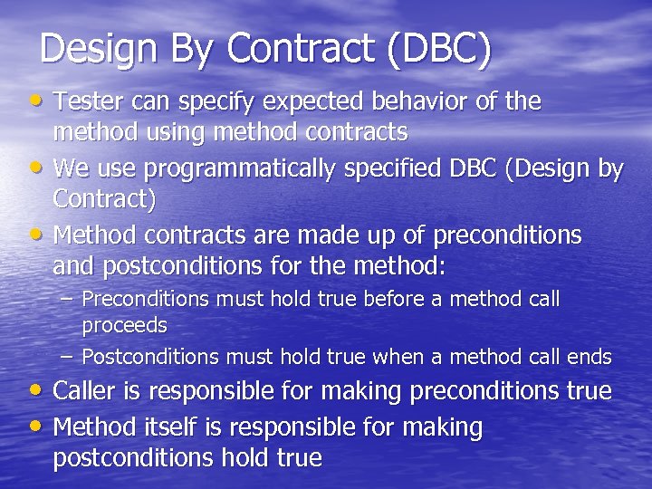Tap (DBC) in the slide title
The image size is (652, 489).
coord(438,49)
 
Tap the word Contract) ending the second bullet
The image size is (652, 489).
coord(103,197)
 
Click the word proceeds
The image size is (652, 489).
coord(125,323)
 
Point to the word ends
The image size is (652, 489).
coord(590,357)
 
